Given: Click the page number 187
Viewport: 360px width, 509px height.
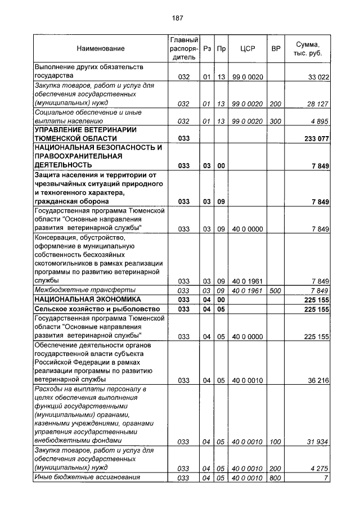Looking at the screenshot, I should [179, 18].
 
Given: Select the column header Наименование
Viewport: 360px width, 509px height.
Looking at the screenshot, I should [101, 49].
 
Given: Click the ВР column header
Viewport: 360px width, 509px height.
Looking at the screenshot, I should [276, 49].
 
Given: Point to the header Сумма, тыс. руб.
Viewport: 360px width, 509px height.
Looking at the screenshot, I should [308, 49].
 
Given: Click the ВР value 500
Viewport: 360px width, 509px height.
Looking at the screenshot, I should [276, 290].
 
